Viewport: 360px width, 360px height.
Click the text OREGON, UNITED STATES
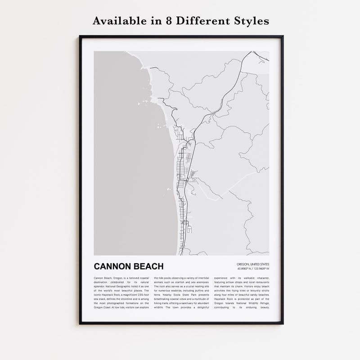click(252, 264)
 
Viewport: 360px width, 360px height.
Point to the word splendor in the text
click(101, 286)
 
